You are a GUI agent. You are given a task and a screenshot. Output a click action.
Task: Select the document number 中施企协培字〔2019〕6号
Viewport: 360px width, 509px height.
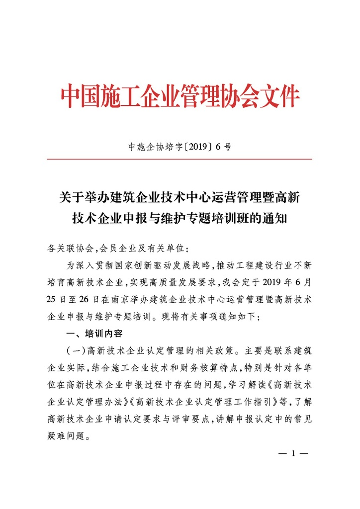point(180,147)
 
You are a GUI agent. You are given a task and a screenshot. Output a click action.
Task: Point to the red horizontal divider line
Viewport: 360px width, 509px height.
point(180,159)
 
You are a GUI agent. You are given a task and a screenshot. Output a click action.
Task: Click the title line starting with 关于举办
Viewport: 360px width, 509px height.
point(180,198)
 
